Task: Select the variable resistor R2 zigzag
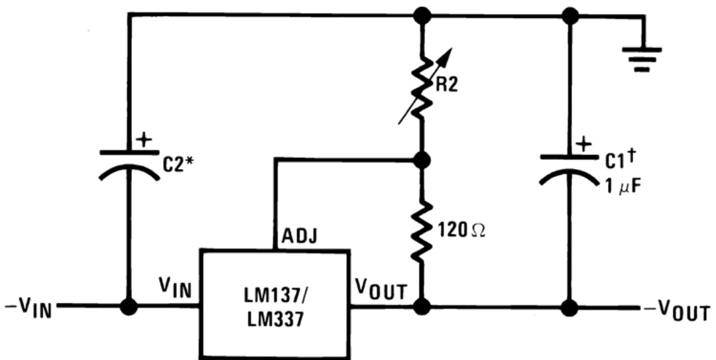422,86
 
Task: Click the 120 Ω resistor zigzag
422,232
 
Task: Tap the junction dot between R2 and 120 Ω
422,159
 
